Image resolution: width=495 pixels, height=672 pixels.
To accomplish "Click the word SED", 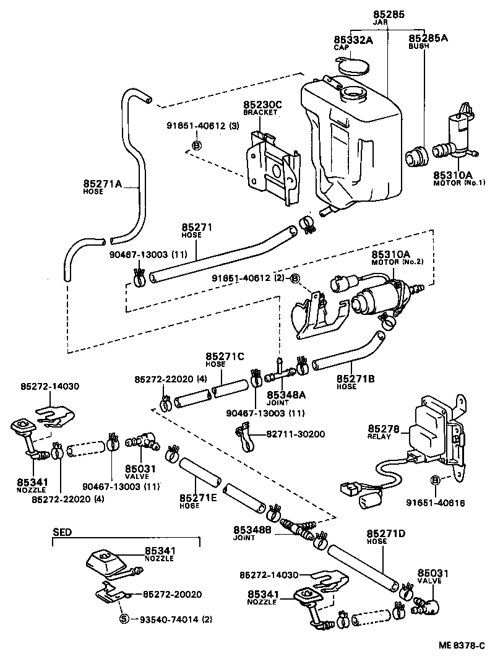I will click(x=62, y=532).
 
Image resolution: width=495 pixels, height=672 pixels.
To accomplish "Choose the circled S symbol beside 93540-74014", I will click(x=123, y=619).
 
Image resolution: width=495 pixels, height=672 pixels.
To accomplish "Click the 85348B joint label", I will click(x=251, y=530).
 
